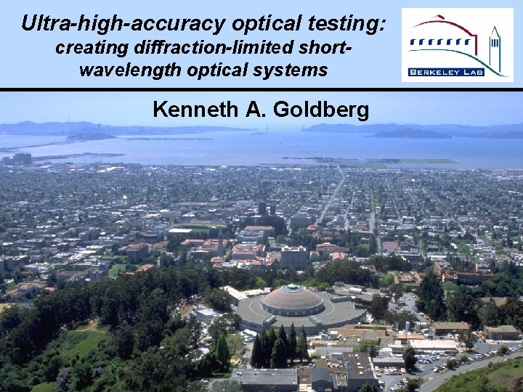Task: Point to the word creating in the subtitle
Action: coord(89,49)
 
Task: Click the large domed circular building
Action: coord(292,300)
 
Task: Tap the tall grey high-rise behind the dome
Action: coord(293,258)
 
